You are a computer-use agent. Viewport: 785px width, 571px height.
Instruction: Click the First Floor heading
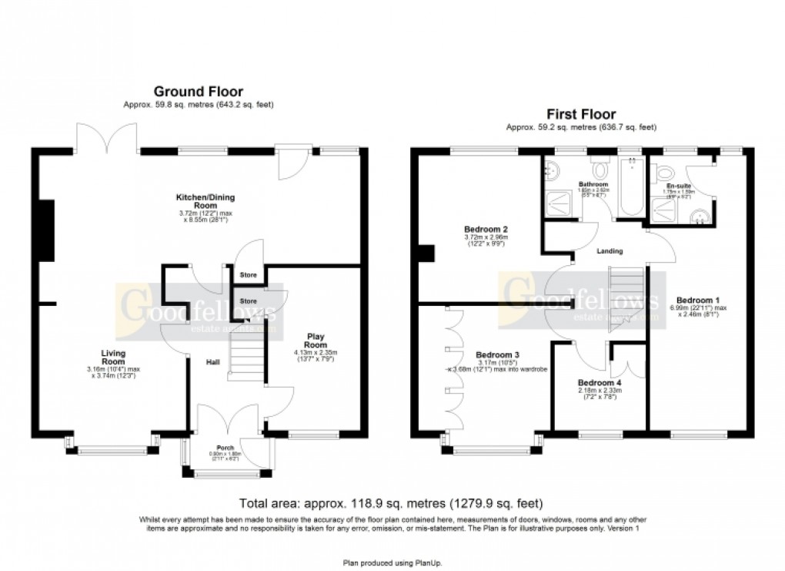point(580,115)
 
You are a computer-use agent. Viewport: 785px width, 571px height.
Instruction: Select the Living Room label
point(113,357)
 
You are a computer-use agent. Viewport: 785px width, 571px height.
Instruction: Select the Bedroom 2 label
point(485,229)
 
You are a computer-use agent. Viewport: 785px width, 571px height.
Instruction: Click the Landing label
point(610,251)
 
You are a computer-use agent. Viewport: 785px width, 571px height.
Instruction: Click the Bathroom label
point(593,185)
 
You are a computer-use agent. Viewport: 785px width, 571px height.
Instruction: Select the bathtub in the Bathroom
point(630,188)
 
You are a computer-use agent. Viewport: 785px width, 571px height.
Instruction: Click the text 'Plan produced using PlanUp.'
point(392,563)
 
